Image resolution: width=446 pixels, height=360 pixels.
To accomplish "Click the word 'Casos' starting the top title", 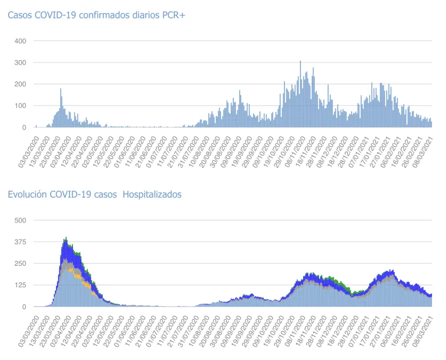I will (x=19, y=15).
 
